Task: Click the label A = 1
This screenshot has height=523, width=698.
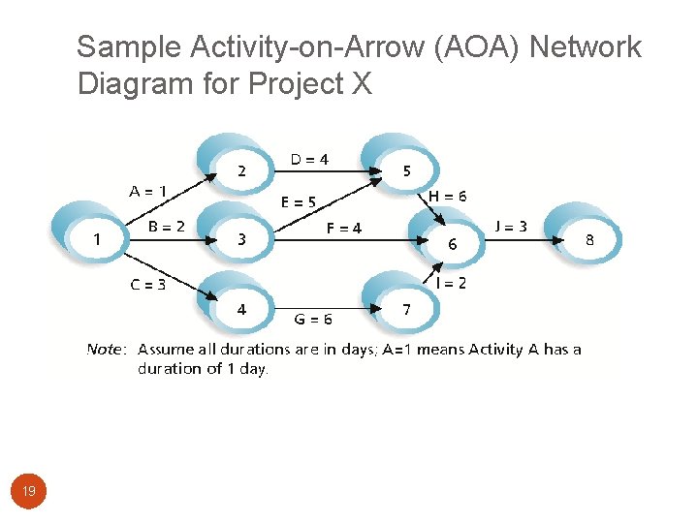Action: pos(148,191)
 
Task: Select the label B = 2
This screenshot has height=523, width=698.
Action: pos(167,227)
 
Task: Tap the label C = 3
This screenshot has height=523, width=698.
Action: pos(148,284)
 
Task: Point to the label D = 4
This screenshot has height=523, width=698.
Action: pos(309,159)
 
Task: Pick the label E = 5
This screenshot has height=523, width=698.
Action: pos(299,202)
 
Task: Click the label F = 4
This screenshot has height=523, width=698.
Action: pos(344,229)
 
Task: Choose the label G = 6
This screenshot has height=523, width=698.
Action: pos(313,318)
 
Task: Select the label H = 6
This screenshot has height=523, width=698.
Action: pos(447,196)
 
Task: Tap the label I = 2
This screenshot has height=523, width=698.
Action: pos(451,283)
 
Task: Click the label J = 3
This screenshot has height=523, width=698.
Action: pos(511,227)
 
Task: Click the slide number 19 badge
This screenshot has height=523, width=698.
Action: pos(29,492)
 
